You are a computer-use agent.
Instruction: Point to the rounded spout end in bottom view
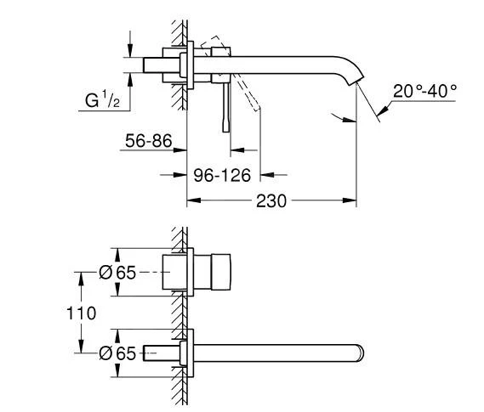click(362, 352)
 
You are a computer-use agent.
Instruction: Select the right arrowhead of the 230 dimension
click(352, 201)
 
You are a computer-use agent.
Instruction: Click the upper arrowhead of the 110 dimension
click(81, 275)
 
